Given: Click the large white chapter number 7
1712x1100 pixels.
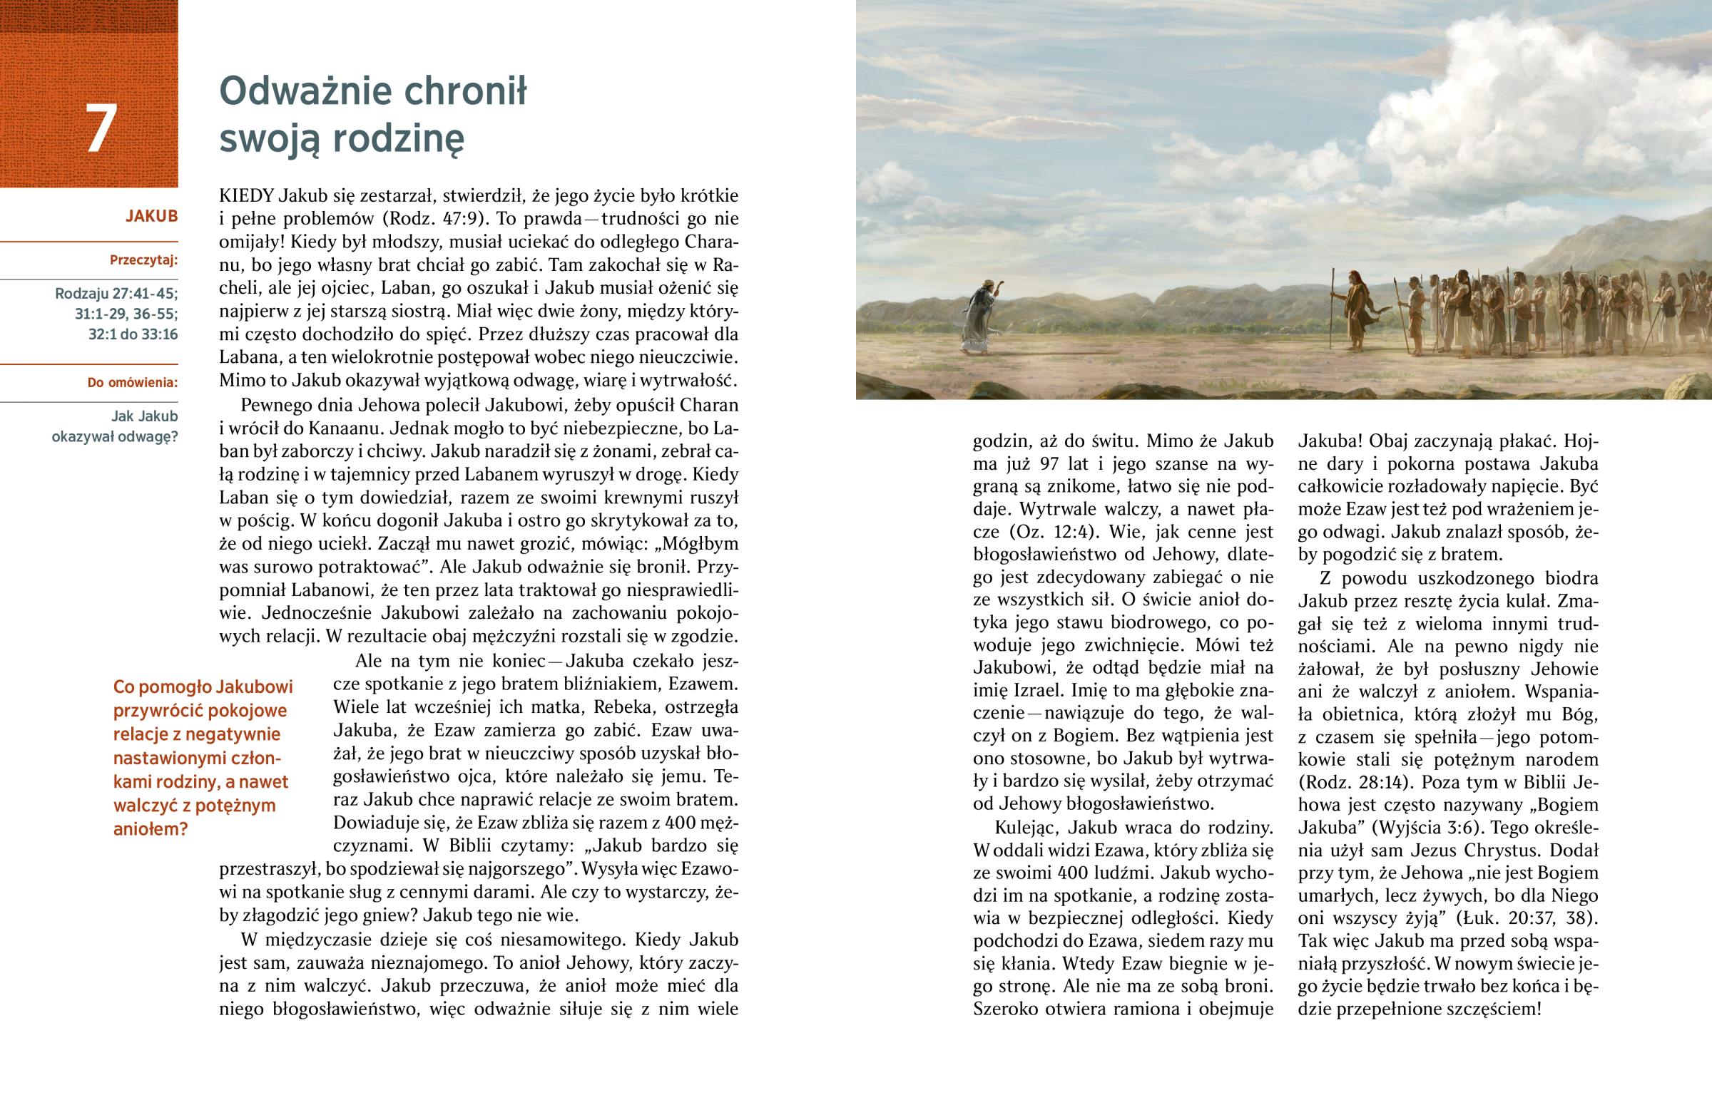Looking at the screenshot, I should tap(101, 128).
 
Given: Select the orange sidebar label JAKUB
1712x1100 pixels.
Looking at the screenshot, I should tap(151, 216).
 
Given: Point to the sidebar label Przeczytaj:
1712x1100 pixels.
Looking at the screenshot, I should tap(143, 260).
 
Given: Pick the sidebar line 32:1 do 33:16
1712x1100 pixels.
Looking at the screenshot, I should tap(133, 334).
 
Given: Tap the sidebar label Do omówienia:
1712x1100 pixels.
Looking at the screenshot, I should tap(132, 382).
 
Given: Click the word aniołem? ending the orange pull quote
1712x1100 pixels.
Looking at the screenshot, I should tap(151, 829).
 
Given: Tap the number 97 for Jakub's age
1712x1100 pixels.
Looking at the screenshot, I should tap(1049, 463).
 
